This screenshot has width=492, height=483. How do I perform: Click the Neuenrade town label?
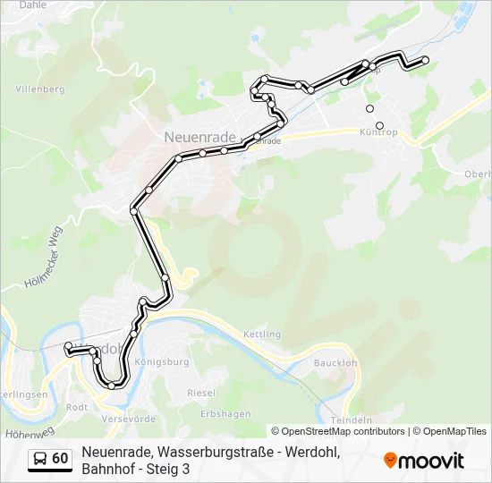pos(200,137)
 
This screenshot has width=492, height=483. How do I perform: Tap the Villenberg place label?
pos(40,89)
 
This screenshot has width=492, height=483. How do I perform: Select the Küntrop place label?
pos(377,133)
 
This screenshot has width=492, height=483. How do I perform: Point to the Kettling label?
pos(262,335)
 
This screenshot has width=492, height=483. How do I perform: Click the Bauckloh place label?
pos(335,363)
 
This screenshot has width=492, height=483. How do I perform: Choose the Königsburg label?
pos(161,362)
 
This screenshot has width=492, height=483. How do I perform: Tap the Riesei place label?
pos(201,393)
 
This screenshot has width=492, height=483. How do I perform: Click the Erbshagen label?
pos(225,414)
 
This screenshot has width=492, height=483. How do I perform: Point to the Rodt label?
pos(77,406)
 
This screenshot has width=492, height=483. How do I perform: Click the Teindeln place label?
pos(351,419)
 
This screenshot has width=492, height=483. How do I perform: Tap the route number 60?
pos(60,459)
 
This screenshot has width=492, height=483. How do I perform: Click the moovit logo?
pos(424,461)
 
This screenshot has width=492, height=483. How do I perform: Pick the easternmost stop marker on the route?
pos(425,60)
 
